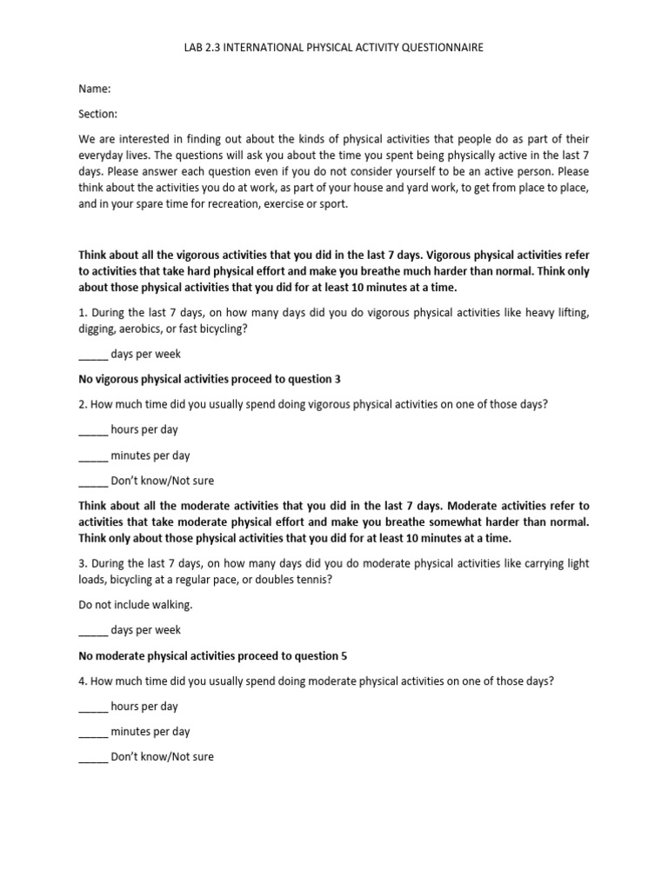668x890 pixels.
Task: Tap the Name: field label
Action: click(95, 89)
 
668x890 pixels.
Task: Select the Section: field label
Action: click(98, 114)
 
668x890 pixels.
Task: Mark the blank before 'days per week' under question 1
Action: click(93, 355)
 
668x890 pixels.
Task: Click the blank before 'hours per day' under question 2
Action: click(93, 430)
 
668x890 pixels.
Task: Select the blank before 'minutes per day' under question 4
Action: click(93, 732)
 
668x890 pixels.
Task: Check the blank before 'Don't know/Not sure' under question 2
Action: click(93, 481)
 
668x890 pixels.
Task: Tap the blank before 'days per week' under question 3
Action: click(93, 630)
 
